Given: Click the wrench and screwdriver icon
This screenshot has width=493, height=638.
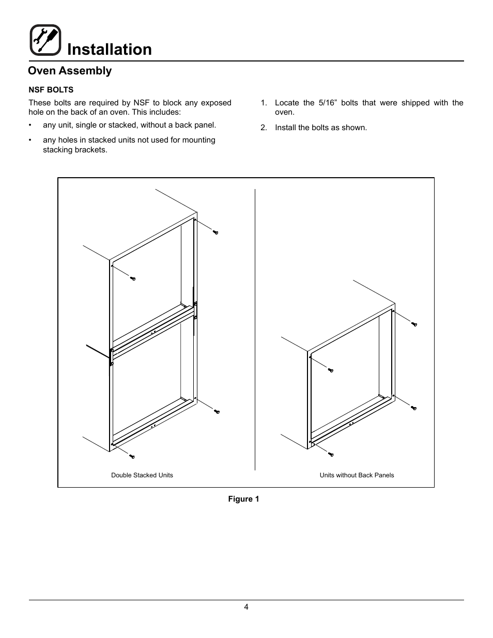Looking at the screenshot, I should [x=45, y=40].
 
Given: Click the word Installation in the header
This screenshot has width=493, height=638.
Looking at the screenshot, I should [x=110, y=49].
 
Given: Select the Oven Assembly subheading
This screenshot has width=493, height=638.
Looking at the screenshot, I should [x=70, y=71].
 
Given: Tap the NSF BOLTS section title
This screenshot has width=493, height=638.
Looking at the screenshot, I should [x=51, y=89].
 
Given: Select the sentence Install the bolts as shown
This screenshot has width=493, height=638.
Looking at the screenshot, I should [x=320, y=128].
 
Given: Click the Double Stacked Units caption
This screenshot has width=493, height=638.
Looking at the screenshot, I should [x=142, y=475].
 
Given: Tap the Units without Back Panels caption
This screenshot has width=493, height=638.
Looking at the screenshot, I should [x=357, y=475].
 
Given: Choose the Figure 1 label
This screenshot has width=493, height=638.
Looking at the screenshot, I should [x=244, y=499].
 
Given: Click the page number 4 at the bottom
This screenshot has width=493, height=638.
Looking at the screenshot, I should [x=246, y=608].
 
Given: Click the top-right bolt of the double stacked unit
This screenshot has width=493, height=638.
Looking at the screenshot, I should [x=216, y=232].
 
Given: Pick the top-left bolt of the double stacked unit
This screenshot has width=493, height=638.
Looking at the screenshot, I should [x=133, y=279].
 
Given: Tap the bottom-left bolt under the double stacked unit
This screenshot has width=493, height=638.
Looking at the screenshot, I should [x=132, y=457].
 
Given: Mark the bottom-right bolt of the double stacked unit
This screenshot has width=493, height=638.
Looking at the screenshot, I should [x=217, y=412].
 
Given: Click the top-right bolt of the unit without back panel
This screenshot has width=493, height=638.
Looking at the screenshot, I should [x=414, y=324].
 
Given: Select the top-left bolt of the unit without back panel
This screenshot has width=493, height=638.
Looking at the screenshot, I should [x=331, y=370].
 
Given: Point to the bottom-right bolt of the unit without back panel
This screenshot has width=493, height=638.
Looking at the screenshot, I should [x=414, y=408].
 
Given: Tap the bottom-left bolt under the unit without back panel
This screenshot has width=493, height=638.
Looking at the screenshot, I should [x=331, y=455].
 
